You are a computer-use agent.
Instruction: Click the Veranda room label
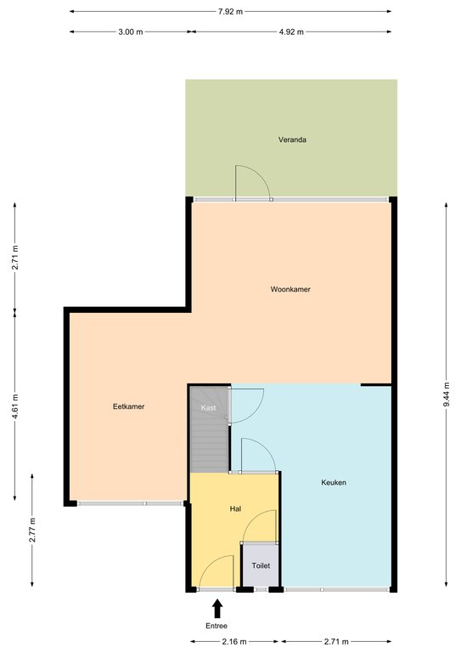click(292, 139)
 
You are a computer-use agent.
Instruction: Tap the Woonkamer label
click(290, 289)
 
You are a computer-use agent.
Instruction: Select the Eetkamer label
click(128, 406)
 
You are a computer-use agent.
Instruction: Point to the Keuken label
click(334, 482)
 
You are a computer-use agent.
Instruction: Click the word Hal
click(235, 508)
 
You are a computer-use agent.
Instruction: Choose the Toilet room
click(261, 565)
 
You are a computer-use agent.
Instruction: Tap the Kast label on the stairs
click(208, 407)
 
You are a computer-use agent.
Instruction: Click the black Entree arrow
click(217, 609)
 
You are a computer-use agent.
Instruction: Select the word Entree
click(216, 626)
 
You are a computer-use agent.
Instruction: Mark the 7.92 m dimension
click(230, 12)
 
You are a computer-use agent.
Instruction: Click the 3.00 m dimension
click(131, 31)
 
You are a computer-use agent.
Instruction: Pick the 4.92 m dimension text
click(291, 31)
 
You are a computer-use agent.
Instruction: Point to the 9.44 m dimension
click(447, 395)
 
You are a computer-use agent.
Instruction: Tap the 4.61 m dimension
click(15, 406)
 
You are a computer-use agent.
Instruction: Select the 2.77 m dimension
click(32, 530)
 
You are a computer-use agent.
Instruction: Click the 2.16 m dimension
click(234, 641)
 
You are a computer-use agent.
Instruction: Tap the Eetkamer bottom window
click(131, 503)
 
